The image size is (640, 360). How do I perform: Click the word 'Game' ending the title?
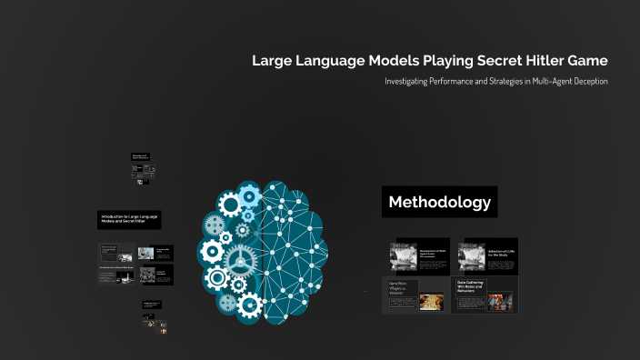586,61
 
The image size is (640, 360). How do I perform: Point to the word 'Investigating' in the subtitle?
408,82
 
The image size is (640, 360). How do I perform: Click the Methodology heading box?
439,202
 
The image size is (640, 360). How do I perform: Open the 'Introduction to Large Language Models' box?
135,220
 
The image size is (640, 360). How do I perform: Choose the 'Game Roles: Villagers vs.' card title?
401,286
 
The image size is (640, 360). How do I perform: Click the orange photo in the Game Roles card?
432,302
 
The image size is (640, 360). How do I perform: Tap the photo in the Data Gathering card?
501,303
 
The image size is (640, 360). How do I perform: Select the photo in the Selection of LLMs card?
474,256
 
